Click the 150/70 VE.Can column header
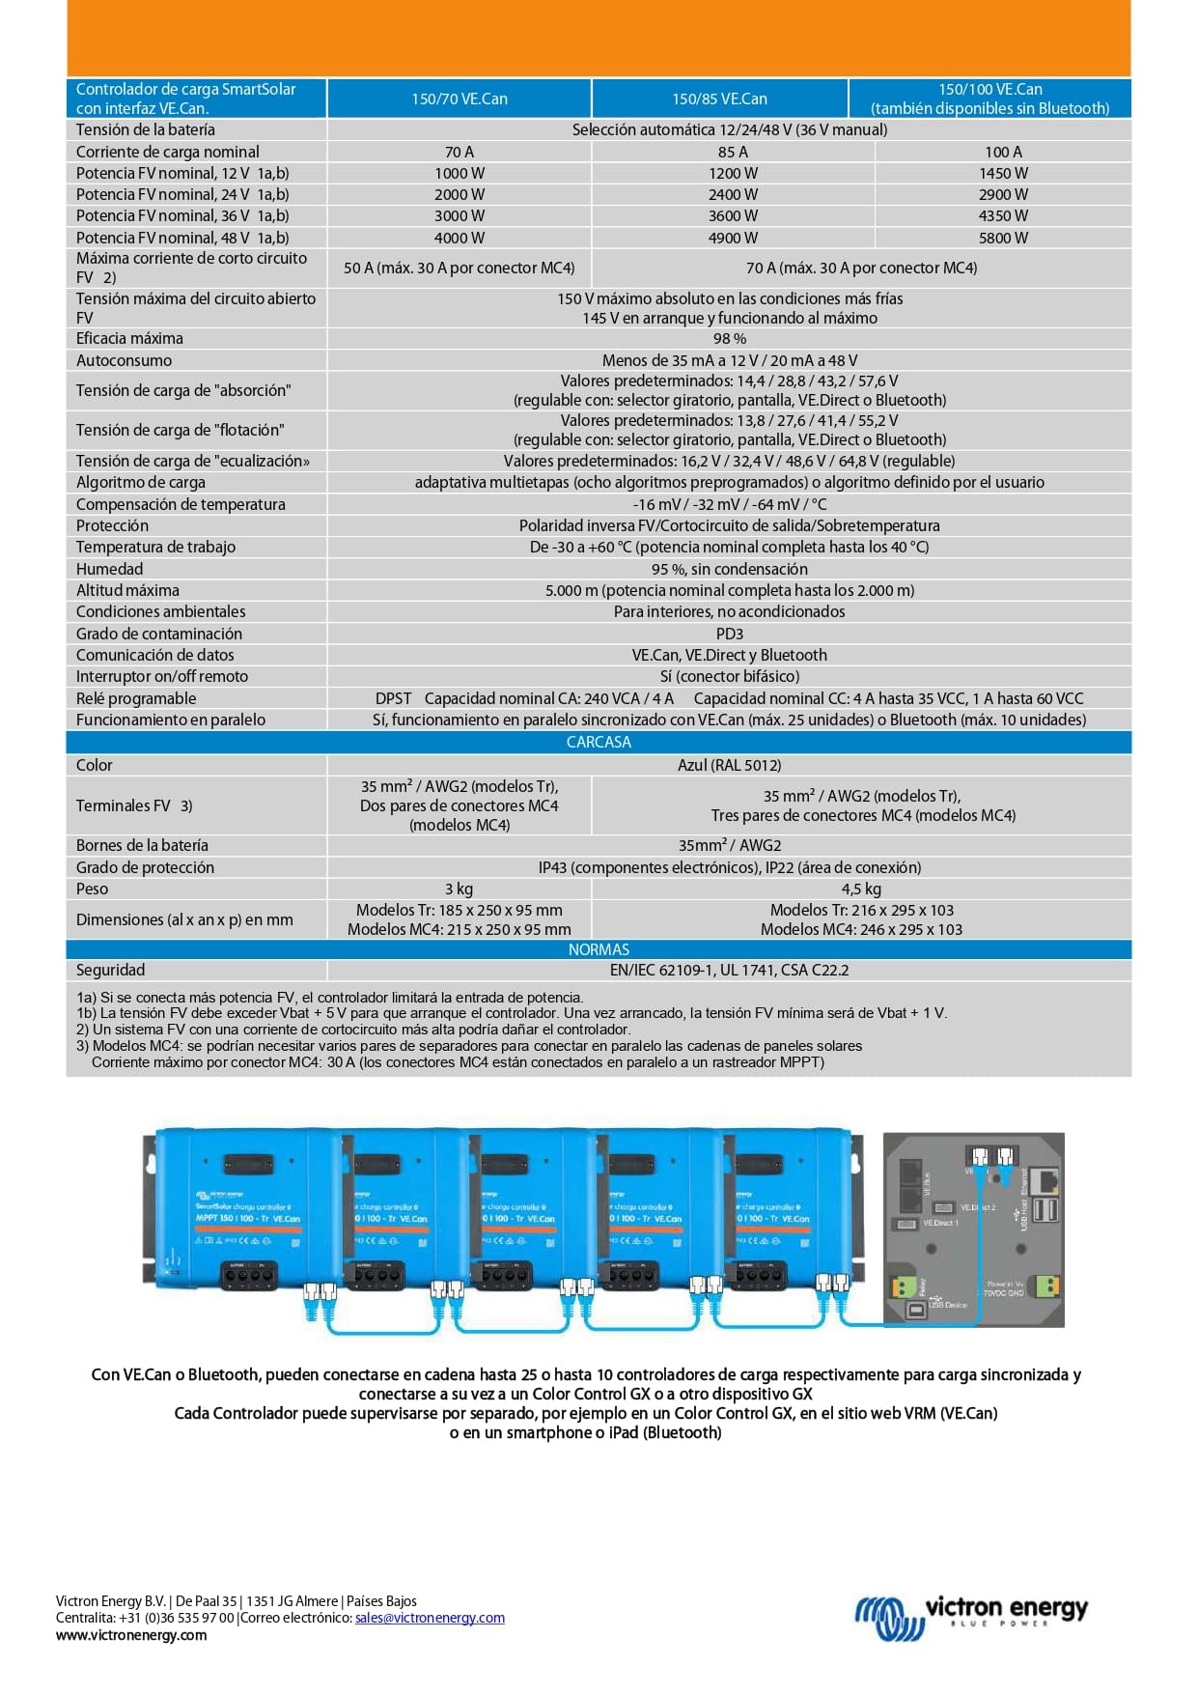tap(459, 99)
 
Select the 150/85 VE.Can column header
tap(719, 99)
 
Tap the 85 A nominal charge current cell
tap(733, 152)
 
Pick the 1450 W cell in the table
tap(1003, 173)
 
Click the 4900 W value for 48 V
tap(733, 238)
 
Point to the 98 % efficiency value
tap(729, 339)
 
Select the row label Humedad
tap(110, 569)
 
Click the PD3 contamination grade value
tap(729, 634)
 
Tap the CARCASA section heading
tap(599, 742)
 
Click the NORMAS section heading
tap(599, 949)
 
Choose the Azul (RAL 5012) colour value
tap(729, 765)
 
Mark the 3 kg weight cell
tap(459, 889)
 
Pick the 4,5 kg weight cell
tap(861, 889)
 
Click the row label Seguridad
tap(111, 970)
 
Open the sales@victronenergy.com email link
tap(430, 1618)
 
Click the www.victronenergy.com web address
tap(131, 1635)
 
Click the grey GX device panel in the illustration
tap(973, 1229)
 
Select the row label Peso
tap(93, 889)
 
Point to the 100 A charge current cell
tap(1003, 152)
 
